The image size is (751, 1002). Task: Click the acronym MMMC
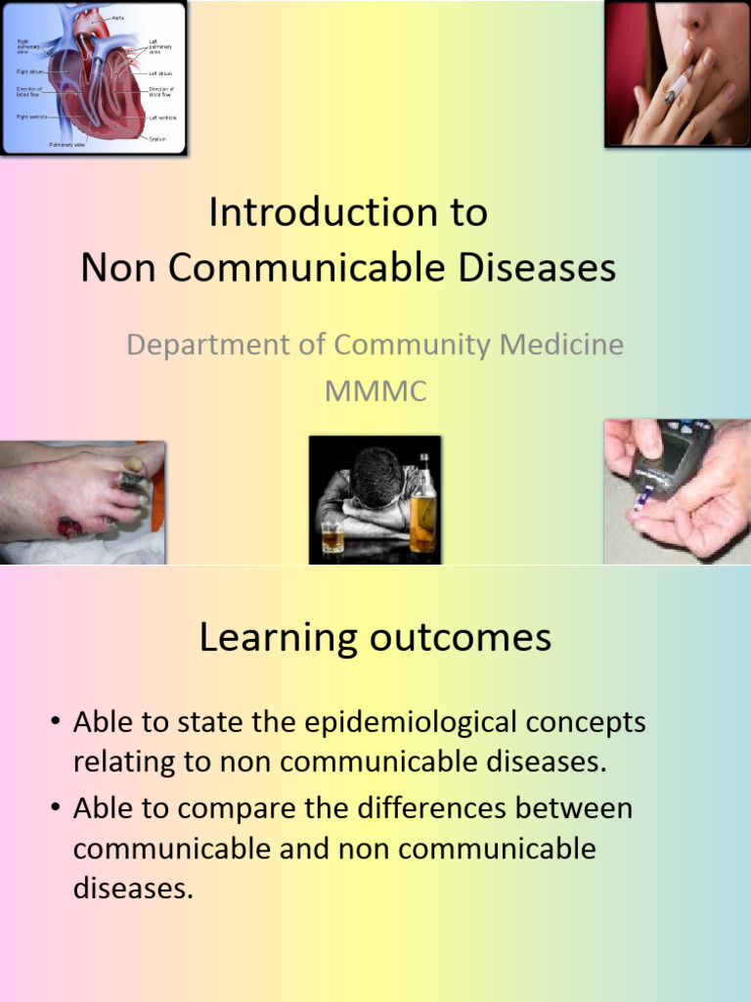coord(375,391)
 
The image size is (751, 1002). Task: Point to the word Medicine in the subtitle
coord(555,344)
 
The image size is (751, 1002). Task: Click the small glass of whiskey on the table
coord(332,535)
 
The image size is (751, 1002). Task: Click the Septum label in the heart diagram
coord(157,139)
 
